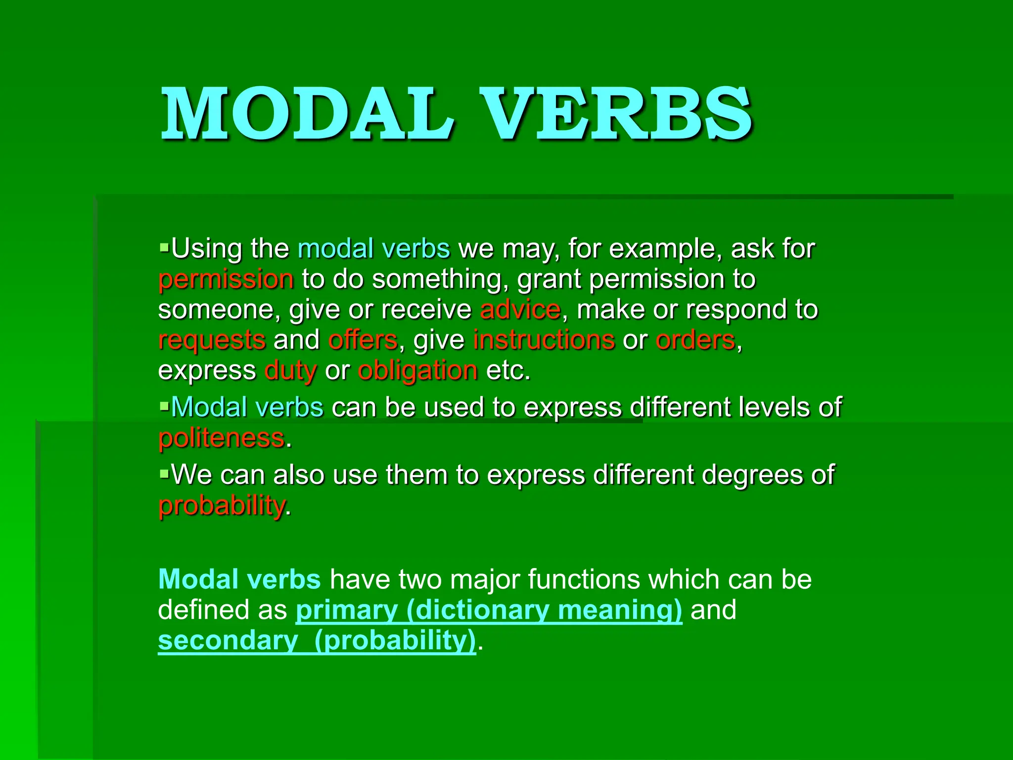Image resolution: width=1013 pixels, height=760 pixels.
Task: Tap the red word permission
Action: pos(226,280)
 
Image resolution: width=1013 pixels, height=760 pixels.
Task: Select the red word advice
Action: pos(520,310)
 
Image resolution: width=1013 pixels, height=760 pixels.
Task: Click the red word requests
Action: pos(212,341)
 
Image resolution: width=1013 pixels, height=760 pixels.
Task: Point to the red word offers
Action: pos(363,340)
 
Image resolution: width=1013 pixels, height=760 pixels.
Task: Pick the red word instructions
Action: pos(544,340)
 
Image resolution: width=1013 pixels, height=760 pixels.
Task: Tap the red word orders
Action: pos(695,340)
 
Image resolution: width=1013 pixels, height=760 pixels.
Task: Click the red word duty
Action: pos(290,372)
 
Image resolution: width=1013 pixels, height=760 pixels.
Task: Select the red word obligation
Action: pos(418,372)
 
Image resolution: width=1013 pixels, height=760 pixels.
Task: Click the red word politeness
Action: pos(222,438)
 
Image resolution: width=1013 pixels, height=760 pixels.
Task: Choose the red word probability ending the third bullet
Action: pos(222,506)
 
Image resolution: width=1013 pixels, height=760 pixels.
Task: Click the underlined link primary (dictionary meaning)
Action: pos(489,610)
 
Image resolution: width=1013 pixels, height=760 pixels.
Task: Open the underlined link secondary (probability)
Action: pos(317,641)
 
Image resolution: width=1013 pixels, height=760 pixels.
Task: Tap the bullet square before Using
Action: pos(164,245)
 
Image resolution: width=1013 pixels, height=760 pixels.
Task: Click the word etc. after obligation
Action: pos(508,371)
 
